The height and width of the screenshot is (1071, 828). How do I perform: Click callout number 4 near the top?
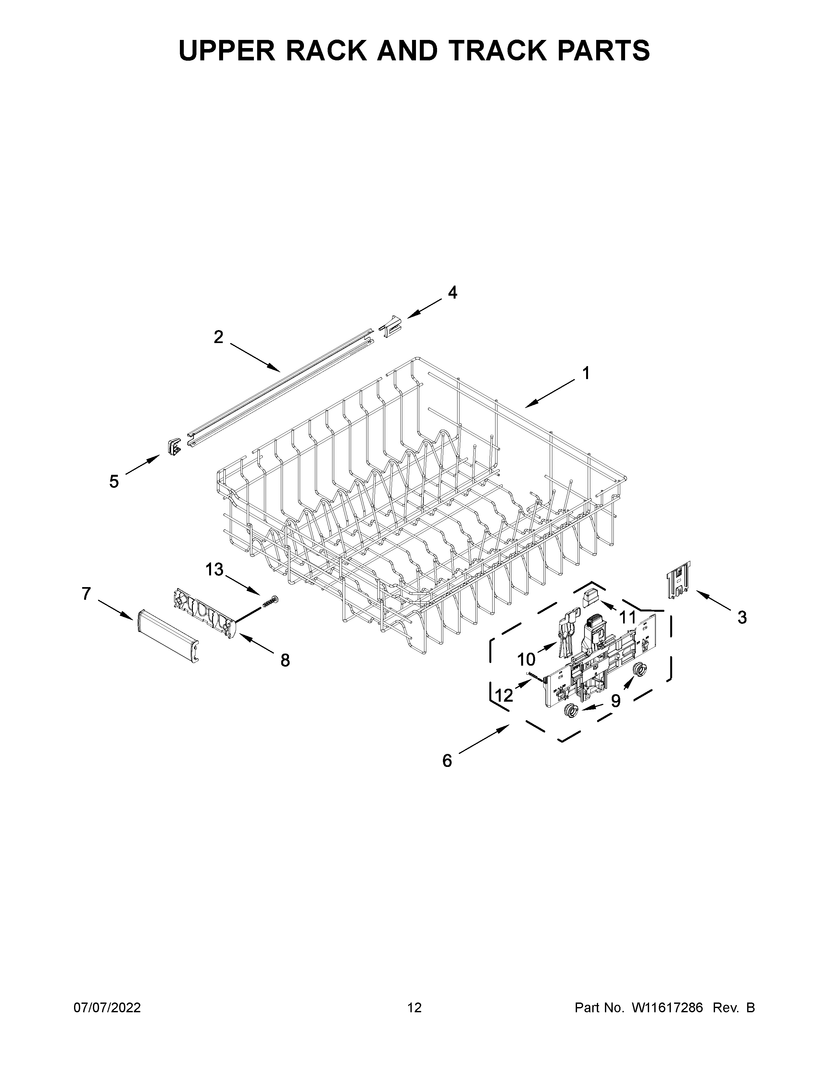click(452, 293)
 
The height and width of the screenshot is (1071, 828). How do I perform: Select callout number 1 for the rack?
click(586, 374)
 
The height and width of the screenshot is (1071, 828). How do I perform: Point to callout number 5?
click(114, 482)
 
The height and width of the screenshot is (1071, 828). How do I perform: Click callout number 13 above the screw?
click(214, 569)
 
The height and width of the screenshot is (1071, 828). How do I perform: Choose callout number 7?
click(86, 594)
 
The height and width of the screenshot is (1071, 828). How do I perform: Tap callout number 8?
click(285, 660)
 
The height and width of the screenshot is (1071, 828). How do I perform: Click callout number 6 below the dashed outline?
click(447, 761)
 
